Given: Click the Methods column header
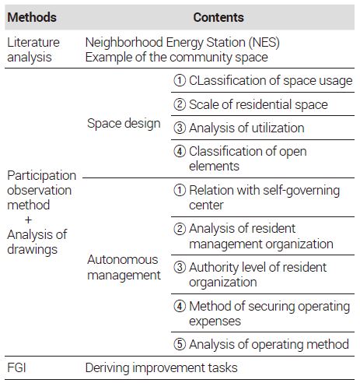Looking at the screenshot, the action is click(x=32, y=17).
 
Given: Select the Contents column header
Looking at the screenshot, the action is click(x=218, y=17).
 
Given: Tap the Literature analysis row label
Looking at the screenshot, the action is click(x=33, y=50).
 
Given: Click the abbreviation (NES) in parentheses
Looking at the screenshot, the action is click(x=264, y=42).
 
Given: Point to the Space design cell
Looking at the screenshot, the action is click(x=124, y=123).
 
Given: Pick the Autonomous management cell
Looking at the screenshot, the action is click(x=124, y=267).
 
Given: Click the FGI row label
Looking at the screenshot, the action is click(x=16, y=367).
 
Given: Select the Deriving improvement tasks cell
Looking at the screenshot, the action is click(x=161, y=367).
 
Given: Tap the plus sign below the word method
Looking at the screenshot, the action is click(x=28, y=220).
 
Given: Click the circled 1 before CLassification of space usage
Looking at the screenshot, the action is click(x=180, y=80).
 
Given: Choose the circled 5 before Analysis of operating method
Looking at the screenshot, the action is click(x=180, y=344).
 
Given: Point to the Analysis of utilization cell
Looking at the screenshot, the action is click(x=239, y=128).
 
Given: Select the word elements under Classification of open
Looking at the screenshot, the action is click(x=214, y=166).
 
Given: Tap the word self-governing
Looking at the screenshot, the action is click(x=301, y=191).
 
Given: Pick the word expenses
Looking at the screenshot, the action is click(x=215, y=322).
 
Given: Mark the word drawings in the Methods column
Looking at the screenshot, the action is click(x=32, y=250).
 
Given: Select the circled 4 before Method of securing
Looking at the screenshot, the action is click(x=180, y=306).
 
